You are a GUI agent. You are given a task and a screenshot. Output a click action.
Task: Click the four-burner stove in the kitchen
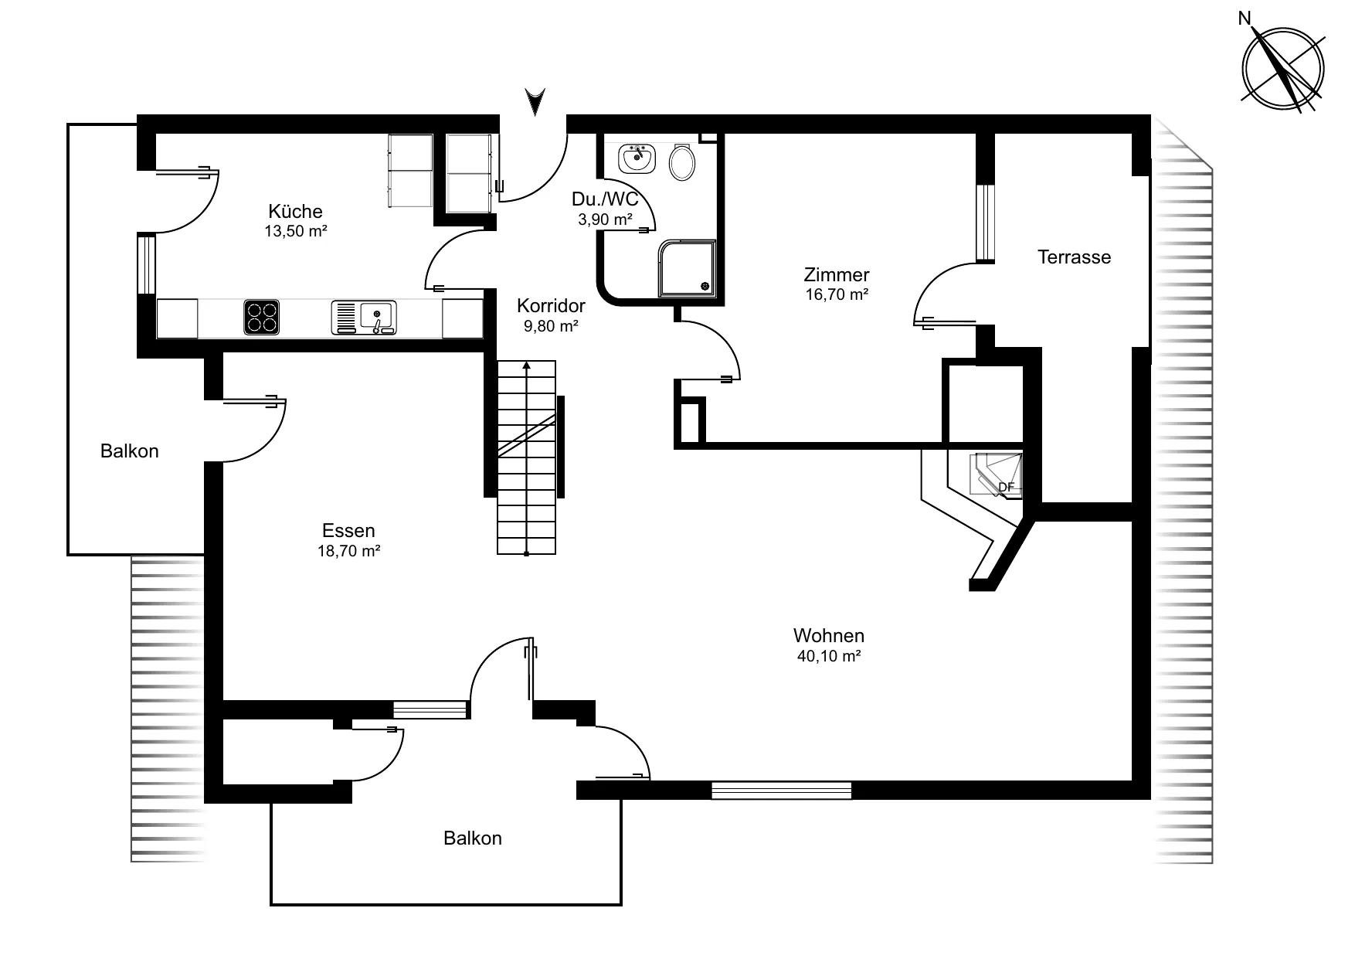(262, 318)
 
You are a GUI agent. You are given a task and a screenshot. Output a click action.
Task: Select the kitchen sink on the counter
(364, 318)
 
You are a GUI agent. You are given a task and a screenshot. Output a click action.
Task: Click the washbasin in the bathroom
(637, 158)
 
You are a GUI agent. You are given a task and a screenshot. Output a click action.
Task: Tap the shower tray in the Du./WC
(687, 269)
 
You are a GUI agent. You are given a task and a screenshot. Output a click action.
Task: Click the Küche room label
(295, 211)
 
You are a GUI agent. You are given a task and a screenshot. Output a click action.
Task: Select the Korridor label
(551, 306)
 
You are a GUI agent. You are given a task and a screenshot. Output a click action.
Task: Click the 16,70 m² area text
(837, 294)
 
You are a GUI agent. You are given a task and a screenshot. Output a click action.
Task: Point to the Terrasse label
(1074, 257)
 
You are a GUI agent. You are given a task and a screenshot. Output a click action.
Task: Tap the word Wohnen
(829, 636)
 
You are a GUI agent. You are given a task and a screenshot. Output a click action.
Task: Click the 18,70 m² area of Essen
(348, 551)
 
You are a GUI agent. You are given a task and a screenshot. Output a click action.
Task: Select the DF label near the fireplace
(1006, 488)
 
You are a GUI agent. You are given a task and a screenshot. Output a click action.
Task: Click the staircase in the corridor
(526, 457)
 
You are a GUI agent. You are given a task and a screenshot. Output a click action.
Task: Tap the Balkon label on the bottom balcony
(473, 838)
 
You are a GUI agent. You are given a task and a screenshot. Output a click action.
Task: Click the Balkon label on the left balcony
(130, 451)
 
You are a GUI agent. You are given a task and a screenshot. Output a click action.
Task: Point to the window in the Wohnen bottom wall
(781, 791)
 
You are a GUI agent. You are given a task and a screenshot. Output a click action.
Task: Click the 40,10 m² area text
(829, 656)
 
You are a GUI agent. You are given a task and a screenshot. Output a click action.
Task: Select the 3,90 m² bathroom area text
(606, 219)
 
